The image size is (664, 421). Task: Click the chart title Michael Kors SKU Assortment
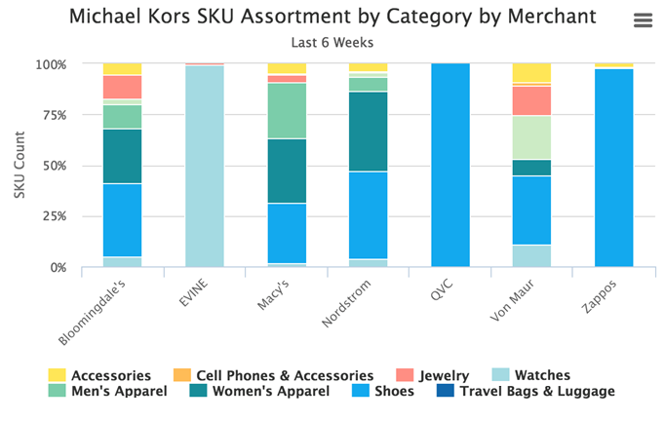tap(332, 18)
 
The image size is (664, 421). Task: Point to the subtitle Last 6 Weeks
tap(332, 42)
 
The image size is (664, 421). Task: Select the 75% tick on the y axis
tap(52, 115)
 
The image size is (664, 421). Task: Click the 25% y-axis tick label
tap(52, 216)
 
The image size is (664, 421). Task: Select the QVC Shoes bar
tap(450, 166)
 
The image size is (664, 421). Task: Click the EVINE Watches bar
tap(205, 166)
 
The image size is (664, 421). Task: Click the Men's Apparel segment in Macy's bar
tap(287, 110)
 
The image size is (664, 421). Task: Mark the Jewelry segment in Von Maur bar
tap(531, 100)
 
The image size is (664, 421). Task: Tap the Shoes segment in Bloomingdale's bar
tap(123, 219)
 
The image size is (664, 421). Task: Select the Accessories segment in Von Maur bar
tap(531, 73)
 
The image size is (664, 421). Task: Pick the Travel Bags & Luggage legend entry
tap(537, 392)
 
